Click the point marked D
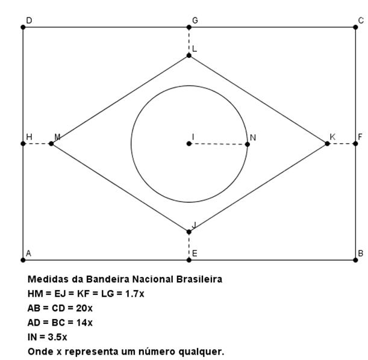pyautogui.click(x=23, y=27)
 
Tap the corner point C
pyautogui.click(x=355, y=27)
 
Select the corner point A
pyautogui.click(x=23, y=260)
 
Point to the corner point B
pyautogui.click(x=355, y=260)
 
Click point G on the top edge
pyautogui.click(x=189, y=27)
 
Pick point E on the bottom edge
pyautogui.click(x=189, y=260)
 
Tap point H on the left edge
pyautogui.click(x=23, y=143)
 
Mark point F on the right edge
pyautogui.click(x=355, y=143)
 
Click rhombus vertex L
pyautogui.click(x=189, y=55)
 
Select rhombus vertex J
pyautogui.click(x=189, y=232)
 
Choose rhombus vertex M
pyautogui.click(x=51, y=143)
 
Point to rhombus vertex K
pyautogui.click(x=327, y=143)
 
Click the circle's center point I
pyautogui.click(x=189, y=143)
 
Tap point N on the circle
pyautogui.click(x=248, y=144)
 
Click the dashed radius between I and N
pyautogui.click(x=218, y=143)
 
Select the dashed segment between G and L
pyautogui.click(x=189, y=41)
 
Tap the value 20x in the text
pyautogui.click(x=84, y=308)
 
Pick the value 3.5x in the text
pyautogui.click(x=57, y=337)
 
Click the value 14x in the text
pyautogui.click(x=84, y=323)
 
